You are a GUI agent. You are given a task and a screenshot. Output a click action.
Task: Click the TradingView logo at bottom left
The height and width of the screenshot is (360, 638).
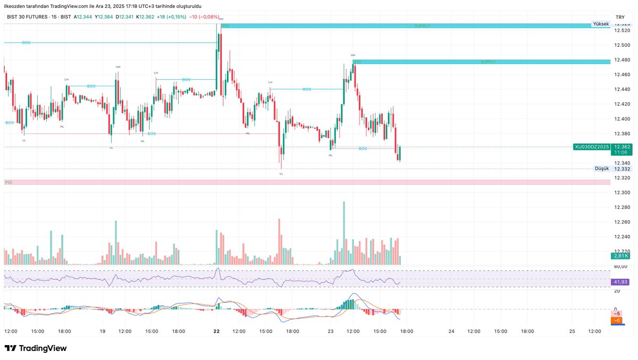click(x=36, y=348)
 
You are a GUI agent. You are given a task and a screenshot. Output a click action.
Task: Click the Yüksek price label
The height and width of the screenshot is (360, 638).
click(x=601, y=24)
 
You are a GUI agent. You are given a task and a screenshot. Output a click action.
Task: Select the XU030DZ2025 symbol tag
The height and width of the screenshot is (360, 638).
click(x=591, y=146)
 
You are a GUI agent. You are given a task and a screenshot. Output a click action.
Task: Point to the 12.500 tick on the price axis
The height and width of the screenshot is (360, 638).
click(x=622, y=45)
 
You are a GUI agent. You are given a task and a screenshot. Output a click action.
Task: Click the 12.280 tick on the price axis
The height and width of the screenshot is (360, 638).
click(x=622, y=207)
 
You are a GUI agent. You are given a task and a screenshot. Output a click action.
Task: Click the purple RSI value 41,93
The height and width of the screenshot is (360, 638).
click(x=620, y=282)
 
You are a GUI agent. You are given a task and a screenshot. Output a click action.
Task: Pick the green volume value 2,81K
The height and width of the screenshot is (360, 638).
click(x=620, y=256)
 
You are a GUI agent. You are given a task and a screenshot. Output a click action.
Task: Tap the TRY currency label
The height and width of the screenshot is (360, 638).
click(x=619, y=17)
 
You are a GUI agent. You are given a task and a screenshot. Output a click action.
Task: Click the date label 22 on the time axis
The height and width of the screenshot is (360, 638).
click(x=216, y=331)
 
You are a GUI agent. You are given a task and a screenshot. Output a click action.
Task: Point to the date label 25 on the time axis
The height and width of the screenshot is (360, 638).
click(x=572, y=331)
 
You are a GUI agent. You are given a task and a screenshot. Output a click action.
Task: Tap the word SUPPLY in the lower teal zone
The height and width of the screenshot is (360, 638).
click(x=488, y=62)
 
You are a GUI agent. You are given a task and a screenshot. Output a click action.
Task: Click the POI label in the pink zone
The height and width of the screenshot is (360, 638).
click(x=8, y=182)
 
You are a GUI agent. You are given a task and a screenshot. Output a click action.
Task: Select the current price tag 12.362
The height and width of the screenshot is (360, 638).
click(x=622, y=146)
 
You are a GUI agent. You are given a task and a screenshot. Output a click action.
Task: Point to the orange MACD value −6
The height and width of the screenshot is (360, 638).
click(x=617, y=321)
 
